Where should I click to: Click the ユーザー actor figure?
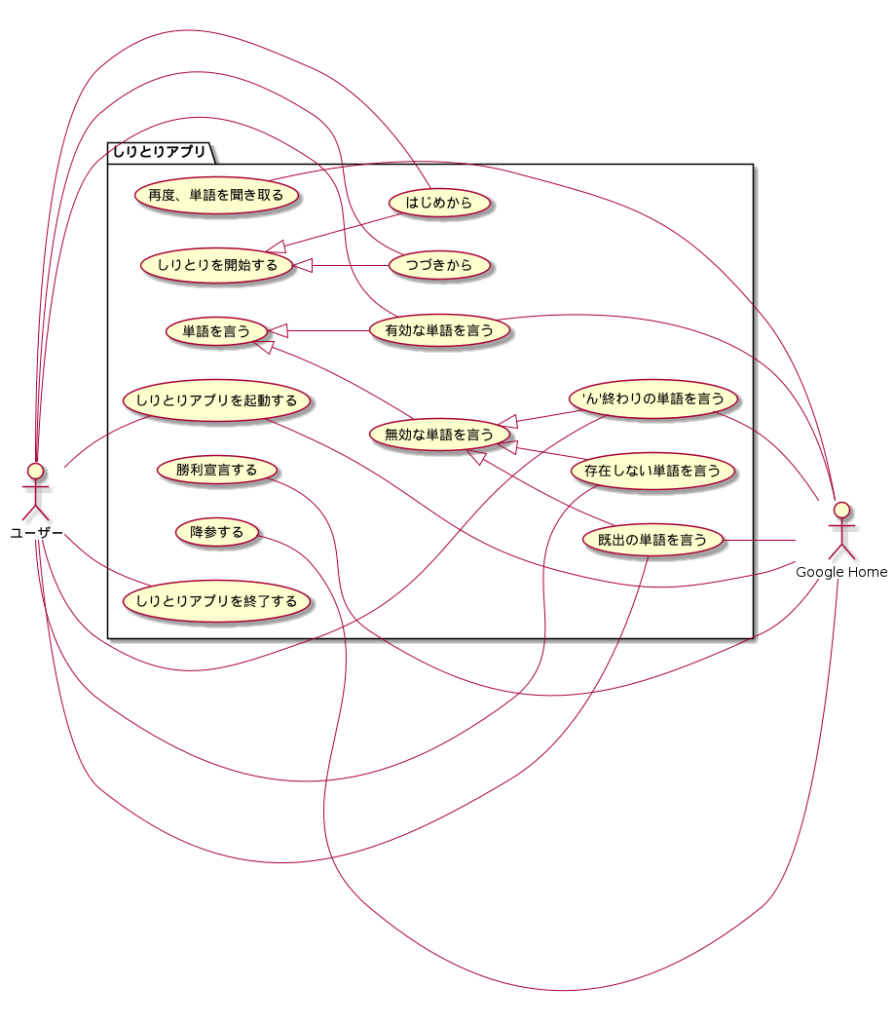(36, 492)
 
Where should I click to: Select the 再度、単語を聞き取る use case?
(216, 195)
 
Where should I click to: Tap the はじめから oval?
(437, 204)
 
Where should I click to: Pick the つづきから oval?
(437, 265)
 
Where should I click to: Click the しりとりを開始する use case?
(216, 265)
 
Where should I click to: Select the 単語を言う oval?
(216, 332)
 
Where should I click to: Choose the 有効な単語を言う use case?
(439, 330)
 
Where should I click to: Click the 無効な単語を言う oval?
(439, 435)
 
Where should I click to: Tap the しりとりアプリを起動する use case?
(216, 400)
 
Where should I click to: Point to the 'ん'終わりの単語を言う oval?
(652, 399)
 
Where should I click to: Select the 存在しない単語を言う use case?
(652, 472)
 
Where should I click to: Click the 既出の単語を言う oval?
(652, 539)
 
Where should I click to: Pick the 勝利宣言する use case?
(216, 471)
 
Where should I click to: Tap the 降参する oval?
(216, 533)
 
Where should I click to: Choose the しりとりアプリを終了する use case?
(216, 600)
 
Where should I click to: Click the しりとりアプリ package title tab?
(159, 151)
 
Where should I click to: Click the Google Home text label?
(841, 572)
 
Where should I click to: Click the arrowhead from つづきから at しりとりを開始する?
(302, 265)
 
